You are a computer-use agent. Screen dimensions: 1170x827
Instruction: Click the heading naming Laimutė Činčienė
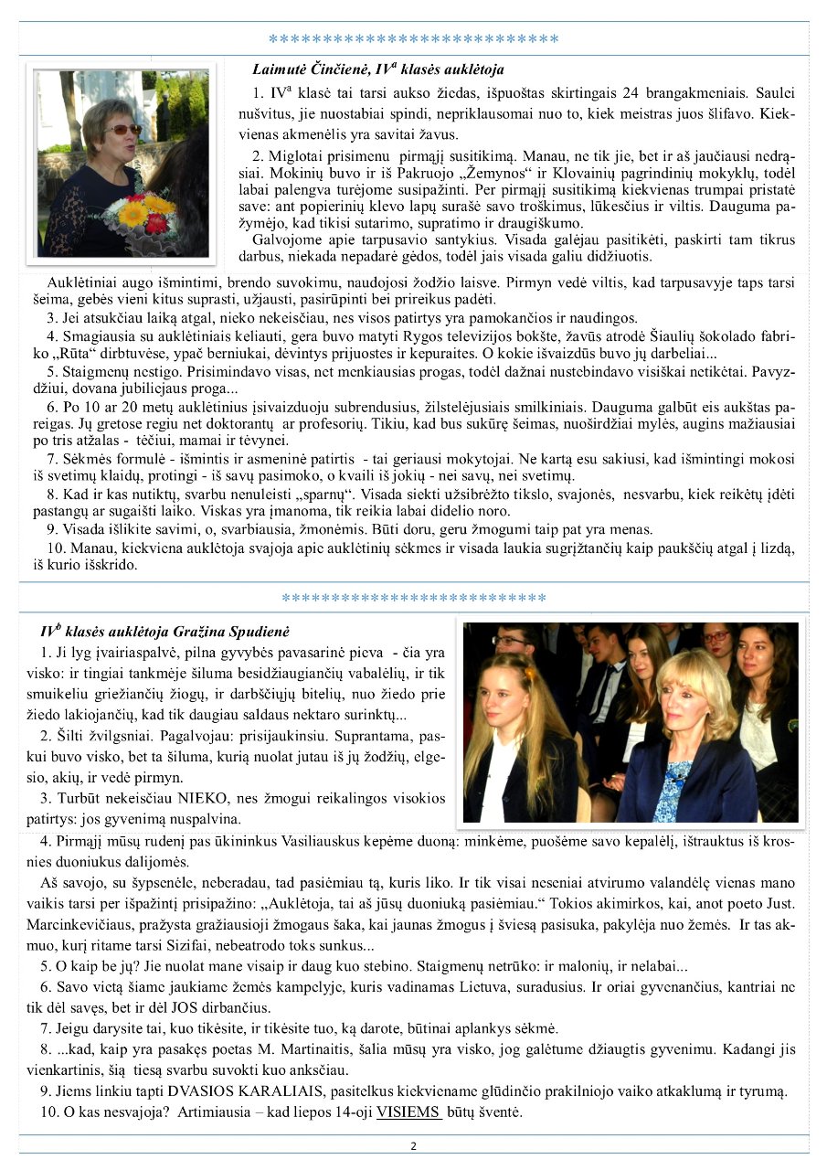click(377, 69)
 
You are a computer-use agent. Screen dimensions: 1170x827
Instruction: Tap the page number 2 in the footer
click(413, 1146)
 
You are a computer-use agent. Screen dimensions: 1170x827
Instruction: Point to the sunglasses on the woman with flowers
click(122, 130)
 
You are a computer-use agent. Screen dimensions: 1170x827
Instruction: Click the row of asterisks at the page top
click(413, 39)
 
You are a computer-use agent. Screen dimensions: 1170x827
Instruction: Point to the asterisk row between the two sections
click(413, 598)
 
